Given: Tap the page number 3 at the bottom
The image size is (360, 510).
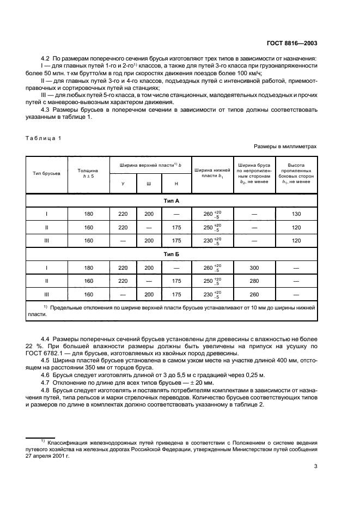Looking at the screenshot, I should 316,466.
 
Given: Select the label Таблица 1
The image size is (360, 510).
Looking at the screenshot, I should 44,137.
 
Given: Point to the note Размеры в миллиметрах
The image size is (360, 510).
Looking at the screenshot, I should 285,147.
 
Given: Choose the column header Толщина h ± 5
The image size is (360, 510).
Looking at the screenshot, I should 88,173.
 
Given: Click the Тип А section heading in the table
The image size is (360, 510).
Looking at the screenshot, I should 171,201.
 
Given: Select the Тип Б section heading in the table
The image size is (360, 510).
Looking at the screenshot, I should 171,254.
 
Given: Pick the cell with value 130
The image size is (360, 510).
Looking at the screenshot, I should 297,214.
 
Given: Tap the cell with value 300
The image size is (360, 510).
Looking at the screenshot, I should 254,268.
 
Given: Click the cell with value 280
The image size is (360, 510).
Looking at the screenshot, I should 254,281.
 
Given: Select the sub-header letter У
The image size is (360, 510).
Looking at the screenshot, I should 123,184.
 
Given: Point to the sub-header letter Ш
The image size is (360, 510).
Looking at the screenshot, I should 149,184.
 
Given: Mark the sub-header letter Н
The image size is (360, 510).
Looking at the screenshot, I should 175,184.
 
